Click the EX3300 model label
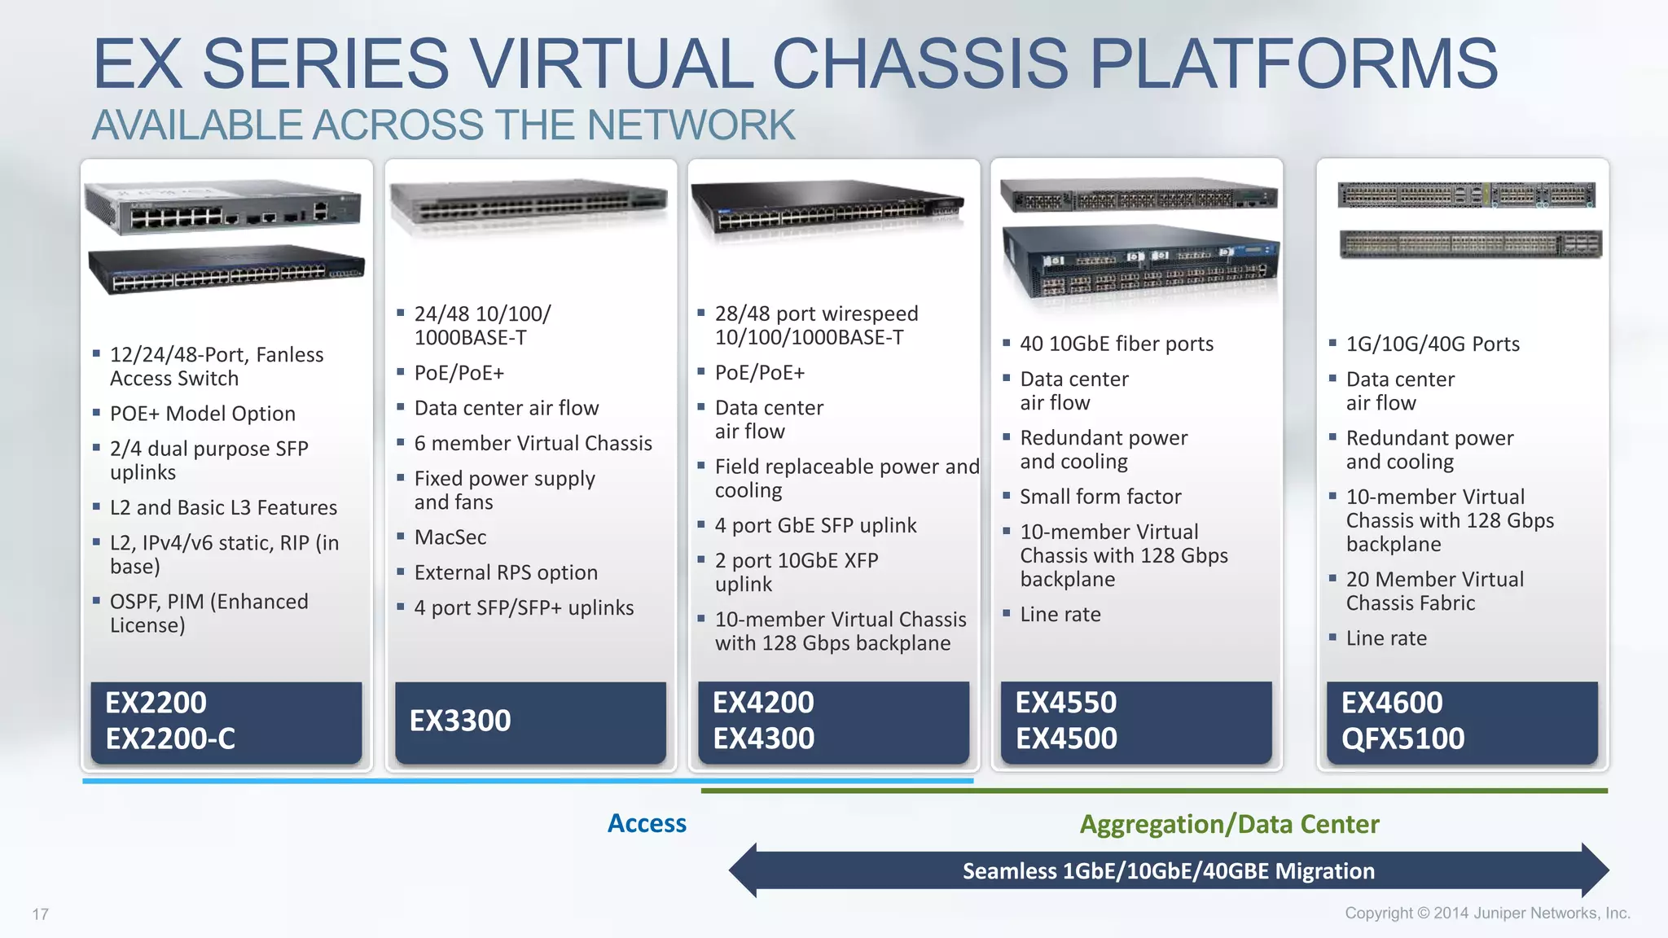[x=460, y=721]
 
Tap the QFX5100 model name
[x=1402, y=739]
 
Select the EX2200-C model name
[x=170, y=739]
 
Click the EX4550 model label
[x=1065, y=703]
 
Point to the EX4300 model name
[x=763, y=739]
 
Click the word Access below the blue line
[x=647, y=823]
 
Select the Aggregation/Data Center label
[x=1229, y=824]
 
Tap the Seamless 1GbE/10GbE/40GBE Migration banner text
[x=1168, y=871]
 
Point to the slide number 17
[x=40, y=914]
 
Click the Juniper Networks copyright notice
[x=1487, y=913]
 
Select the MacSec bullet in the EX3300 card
[x=450, y=537]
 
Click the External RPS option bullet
[x=506, y=572]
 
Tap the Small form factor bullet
[x=1100, y=497]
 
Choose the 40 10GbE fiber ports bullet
[x=1117, y=344]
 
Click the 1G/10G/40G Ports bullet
[x=1433, y=344]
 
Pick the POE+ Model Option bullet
[x=203, y=414]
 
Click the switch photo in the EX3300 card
[x=529, y=201]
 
